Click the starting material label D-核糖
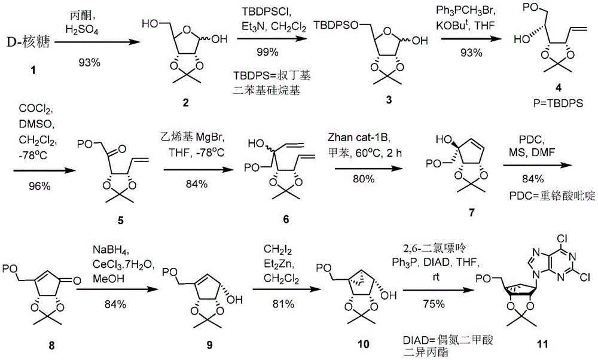click(x=29, y=42)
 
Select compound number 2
click(x=185, y=103)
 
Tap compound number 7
click(x=471, y=213)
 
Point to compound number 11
click(x=542, y=344)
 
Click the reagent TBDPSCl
click(x=266, y=13)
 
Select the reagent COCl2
click(x=36, y=110)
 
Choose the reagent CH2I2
click(x=278, y=250)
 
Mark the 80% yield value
click(x=363, y=179)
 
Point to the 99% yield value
click(x=267, y=52)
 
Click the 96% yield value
click(x=39, y=186)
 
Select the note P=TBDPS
click(x=558, y=103)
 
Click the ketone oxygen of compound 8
click(x=77, y=281)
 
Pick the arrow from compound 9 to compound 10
click(x=286, y=290)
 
